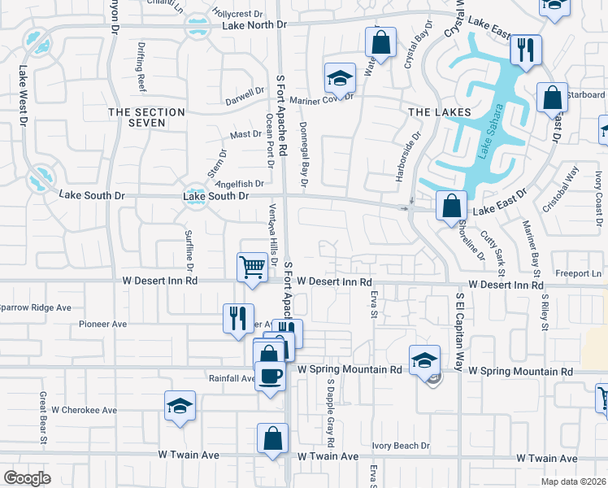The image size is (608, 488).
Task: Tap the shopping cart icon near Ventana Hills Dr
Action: pyautogui.click(x=253, y=266)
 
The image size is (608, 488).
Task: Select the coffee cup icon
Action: pyautogui.click(x=270, y=376)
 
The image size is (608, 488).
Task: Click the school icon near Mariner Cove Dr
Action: pyautogui.click(x=340, y=77)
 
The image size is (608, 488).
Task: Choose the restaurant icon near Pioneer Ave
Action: pyautogui.click(x=238, y=317)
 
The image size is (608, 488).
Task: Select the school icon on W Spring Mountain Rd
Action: pyautogui.click(x=424, y=359)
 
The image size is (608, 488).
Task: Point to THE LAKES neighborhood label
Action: pyautogui.click(x=440, y=111)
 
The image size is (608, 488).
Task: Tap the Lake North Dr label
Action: pyautogui.click(x=254, y=25)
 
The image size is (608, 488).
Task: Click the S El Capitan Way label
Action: pyautogui.click(x=459, y=332)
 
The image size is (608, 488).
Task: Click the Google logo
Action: pyautogui.click(x=27, y=478)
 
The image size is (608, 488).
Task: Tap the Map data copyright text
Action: pyautogui.click(x=572, y=481)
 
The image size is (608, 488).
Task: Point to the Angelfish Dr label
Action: pyautogui.click(x=235, y=184)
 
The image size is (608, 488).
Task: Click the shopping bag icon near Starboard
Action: pyautogui.click(x=551, y=98)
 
